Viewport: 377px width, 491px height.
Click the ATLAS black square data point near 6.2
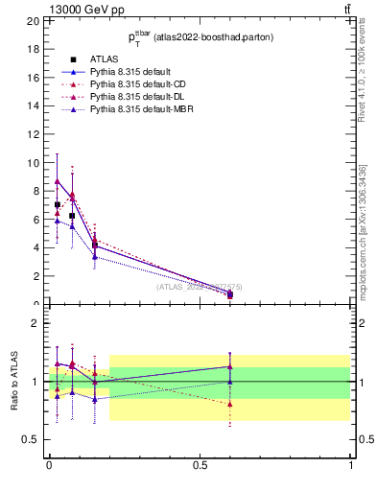click(72, 216)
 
